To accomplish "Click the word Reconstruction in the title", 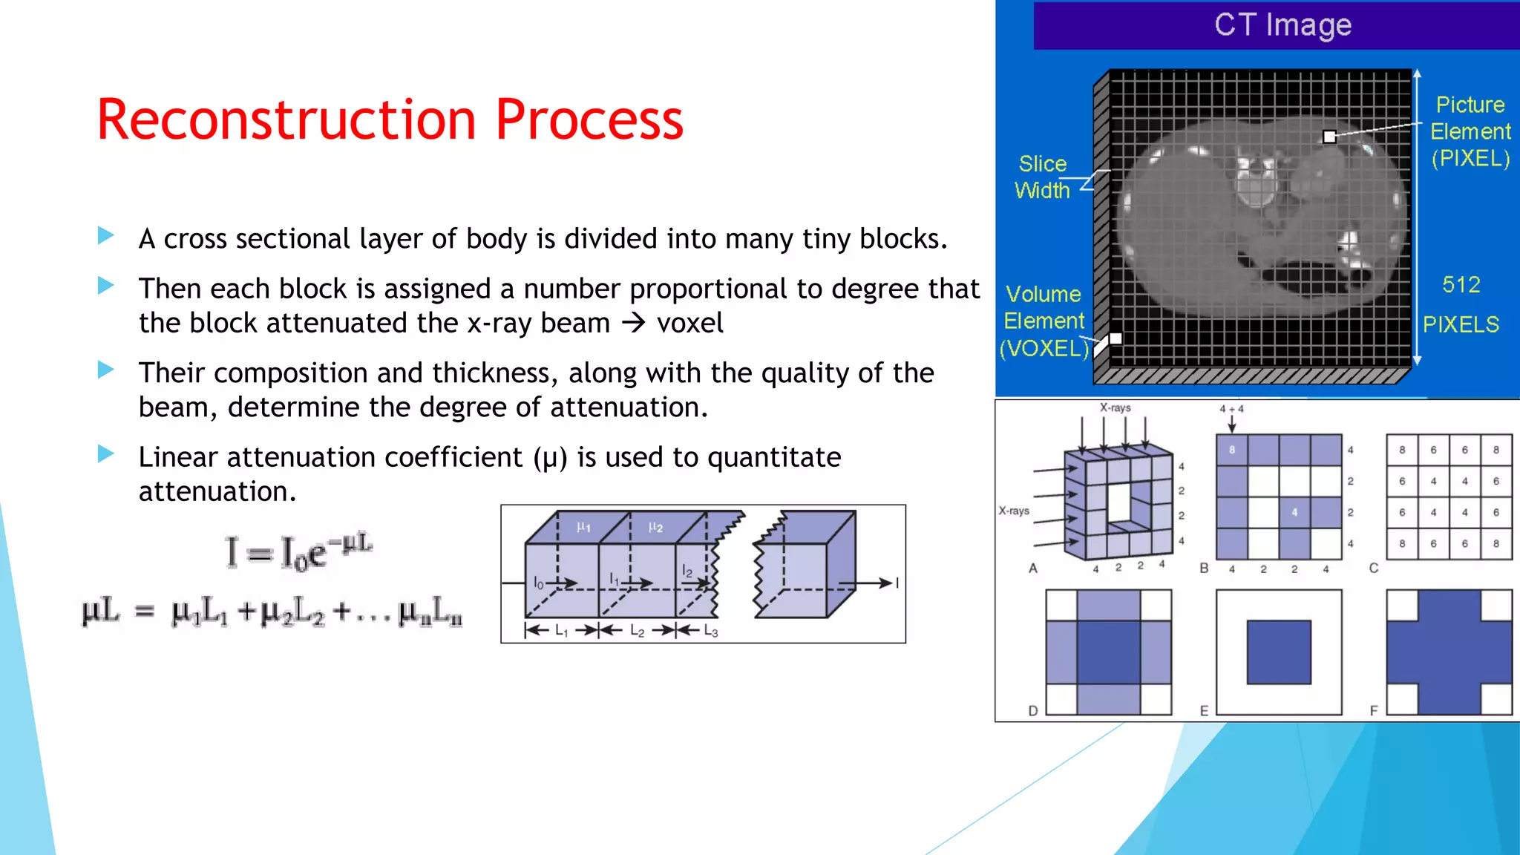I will coord(286,119).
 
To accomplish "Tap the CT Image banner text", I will coord(1282,25).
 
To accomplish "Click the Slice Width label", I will coord(1042,177).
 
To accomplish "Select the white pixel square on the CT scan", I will coord(1329,137).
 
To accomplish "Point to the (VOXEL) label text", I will coord(1044,348).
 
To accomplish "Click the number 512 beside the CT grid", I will coord(1461,285).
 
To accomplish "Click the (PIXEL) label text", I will coord(1470,158).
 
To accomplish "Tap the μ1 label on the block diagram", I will coord(584,527).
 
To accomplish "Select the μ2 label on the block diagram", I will coord(655,527).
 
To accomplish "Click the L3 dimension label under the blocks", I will coord(710,632).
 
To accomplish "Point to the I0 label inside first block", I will coord(539,583).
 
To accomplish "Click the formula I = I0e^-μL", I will coord(298,551).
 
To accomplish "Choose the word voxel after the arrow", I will coord(689,324).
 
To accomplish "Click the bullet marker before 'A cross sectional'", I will coord(106,237).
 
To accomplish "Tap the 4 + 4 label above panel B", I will coord(1231,409).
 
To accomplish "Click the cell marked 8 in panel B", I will coord(1232,450).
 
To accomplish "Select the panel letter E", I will coord(1204,711).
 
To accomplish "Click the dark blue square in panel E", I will coord(1279,652).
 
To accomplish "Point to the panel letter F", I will coord(1374,711).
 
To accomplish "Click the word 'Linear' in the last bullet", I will coord(177,457).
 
